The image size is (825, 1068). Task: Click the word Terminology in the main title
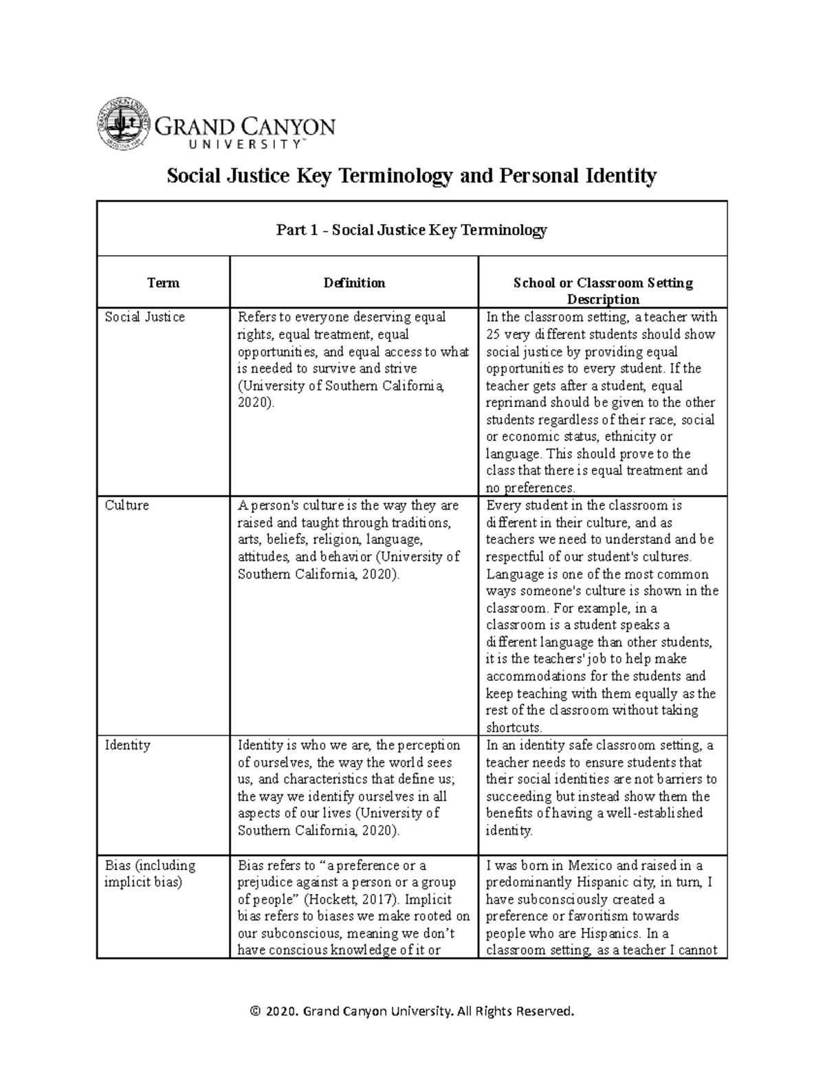click(x=388, y=176)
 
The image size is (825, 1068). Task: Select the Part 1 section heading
click(x=411, y=230)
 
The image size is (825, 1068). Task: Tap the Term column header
click(x=163, y=283)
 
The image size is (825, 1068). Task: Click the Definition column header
click(x=354, y=283)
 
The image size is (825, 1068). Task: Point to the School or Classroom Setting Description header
click(x=602, y=291)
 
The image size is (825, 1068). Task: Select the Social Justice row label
click(x=144, y=317)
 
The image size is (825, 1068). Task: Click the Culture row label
click(x=126, y=505)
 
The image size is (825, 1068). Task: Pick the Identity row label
click(x=127, y=745)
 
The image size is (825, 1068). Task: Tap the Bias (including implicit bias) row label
click(x=149, y=873)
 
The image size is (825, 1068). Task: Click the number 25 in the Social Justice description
click(x=494, y=335)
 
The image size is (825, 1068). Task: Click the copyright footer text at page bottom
click(x=412, y=1011)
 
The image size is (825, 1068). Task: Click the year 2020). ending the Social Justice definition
click(x=255, y=403)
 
